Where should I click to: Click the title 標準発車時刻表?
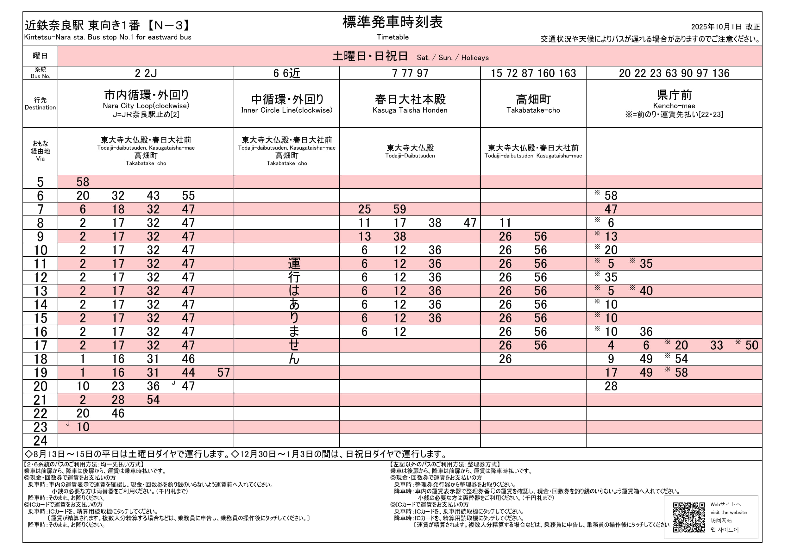point(392,22)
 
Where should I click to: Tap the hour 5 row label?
point(40,182)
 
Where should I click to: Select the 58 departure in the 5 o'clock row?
point(83,182)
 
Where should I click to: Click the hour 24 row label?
point(40,441)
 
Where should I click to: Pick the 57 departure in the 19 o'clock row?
point(223,372)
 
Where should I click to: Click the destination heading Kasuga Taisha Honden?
point(410,110)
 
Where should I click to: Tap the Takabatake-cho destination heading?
point(533,110)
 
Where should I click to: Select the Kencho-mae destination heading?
point(674,106)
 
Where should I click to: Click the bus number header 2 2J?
point(146,73)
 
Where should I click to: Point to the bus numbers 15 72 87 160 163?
point(533,73)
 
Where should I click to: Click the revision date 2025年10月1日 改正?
point(725,27)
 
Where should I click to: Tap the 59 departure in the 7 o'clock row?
point(400,209)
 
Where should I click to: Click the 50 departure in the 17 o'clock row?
point(752,346)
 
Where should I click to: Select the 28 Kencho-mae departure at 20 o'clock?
point(611,386)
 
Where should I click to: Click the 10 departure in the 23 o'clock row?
point(83,427)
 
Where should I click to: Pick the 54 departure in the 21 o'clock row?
point(153,400)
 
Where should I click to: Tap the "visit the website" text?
point(728,513)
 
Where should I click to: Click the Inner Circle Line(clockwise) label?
point(286,110)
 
